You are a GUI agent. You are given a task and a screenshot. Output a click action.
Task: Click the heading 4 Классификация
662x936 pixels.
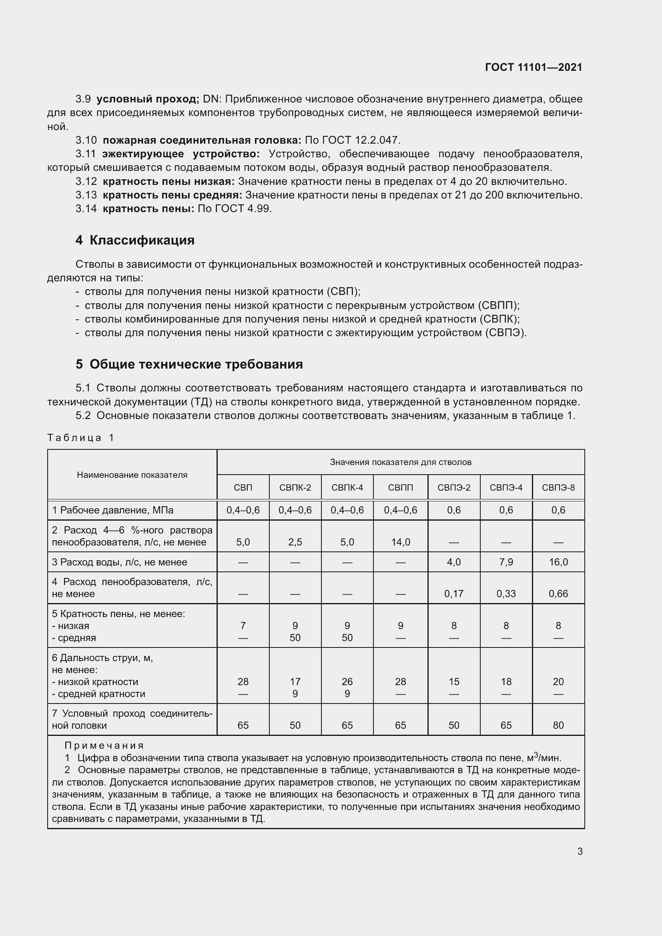pyautogui.click(x=135, y=240)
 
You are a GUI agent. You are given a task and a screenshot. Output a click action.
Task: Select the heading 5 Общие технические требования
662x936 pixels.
pyautogui.click(x=189, y=364)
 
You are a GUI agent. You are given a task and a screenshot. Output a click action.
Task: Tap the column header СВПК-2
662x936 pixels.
pyautogui.click(x=295, y=487)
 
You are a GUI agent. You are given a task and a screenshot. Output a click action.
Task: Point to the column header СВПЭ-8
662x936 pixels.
pyautogui.click(x=558, y=487)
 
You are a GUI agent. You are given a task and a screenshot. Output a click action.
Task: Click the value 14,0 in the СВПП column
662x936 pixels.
pyautogui.click(x=400, y=542)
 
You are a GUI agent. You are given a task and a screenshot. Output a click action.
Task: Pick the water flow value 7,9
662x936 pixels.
pyautogui.click(x=506, y=562)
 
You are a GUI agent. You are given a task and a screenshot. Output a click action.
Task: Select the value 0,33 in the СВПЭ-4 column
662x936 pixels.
pyautogui.click(x=506, y=594)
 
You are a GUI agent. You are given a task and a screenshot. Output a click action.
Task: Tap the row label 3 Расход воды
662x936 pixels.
pyautogui.click(x=119, y=562)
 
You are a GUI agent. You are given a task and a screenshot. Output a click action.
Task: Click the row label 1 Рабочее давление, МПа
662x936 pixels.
pyautogui.click(x=112, y=510)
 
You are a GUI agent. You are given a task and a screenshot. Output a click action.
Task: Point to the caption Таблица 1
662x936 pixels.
pyautogui.click(x=81, y=438)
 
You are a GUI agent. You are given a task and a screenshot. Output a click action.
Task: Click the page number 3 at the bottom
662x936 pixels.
pyautogui.click(x=580, y=851)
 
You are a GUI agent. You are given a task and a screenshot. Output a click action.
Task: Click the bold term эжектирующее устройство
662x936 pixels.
pyautogui.click(x=181, y=154)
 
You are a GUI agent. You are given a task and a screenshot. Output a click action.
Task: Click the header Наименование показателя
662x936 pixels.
pyautogui.click(x=132, y=475)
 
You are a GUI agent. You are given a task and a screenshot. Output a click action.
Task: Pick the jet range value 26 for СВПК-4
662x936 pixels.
pyautogui.click(x=347, y=681)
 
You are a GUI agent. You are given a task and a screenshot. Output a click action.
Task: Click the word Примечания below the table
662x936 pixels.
pyautogui.click(x=104, y=746)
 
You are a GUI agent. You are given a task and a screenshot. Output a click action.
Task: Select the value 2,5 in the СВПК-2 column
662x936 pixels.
pyautogui.click(x=295, y=542)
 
